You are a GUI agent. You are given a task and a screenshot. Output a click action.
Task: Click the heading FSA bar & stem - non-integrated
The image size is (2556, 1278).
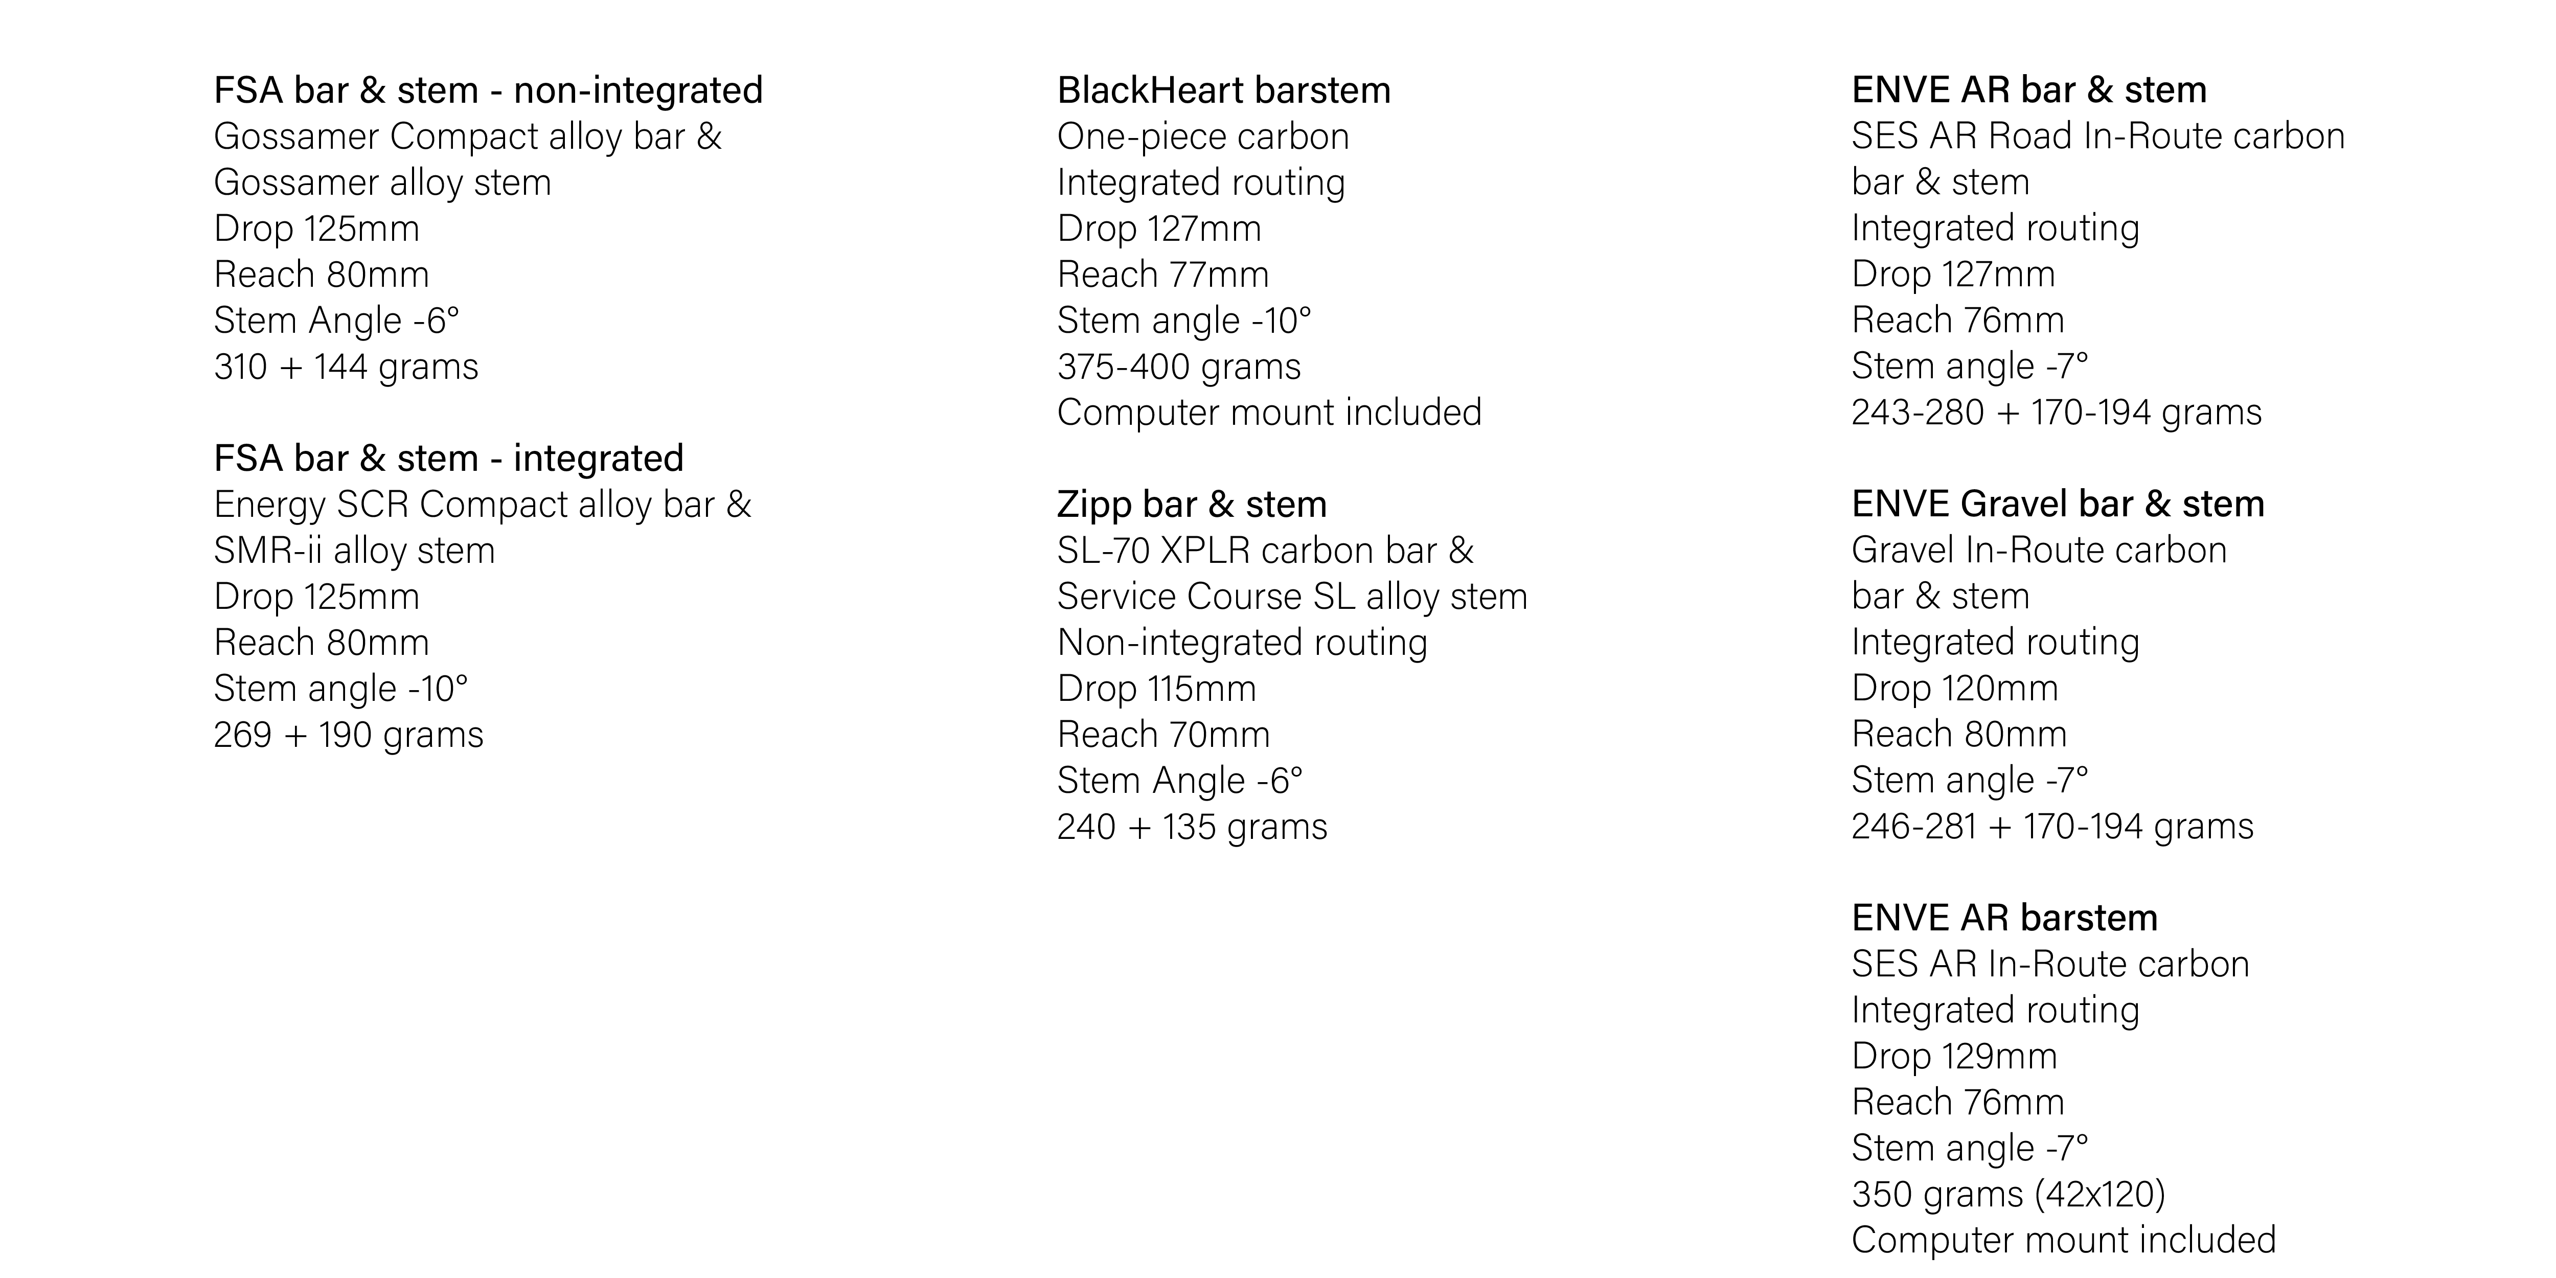pyautogui.click(x=488, y=90)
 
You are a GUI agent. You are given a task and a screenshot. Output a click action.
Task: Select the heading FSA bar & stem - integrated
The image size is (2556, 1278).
pyautogui.click(x=448, y=459)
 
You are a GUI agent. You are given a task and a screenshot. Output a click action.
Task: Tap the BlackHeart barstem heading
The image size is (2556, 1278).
pyautogui.click(x=1223, y=90)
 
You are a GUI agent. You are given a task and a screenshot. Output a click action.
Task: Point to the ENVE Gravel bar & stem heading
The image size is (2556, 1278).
pyautogui.click(x=2058, y=504)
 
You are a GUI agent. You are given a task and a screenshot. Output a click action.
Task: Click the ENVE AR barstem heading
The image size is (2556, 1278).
pyautogui.click(x=2004, y=918)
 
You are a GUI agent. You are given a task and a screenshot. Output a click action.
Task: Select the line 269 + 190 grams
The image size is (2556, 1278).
pyautogui.click(x=348, y=735)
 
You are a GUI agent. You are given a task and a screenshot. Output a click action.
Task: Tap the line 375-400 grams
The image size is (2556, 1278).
pyautogui.click(x=1179, y=367)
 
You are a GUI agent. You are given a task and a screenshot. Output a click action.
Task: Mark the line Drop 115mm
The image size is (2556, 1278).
pyautogui.click(x=1156, y=689)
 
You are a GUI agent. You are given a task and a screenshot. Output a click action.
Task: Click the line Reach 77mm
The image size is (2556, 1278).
pyautogui.click(x=1163, y=275)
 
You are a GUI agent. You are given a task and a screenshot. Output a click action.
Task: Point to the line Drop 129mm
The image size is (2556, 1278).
pyautogui.click(x=1954, y=1056)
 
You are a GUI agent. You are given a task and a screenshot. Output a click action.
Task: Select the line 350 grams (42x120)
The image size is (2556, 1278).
pyautogui.click(x=2009, y=1194)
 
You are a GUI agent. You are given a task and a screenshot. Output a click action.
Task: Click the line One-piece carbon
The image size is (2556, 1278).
pyautogui.click(x=1202, y=137)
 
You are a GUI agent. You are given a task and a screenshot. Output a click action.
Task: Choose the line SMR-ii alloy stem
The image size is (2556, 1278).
pyautogui.click(x=354, y=551)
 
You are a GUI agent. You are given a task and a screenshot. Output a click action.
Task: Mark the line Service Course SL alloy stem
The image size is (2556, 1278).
pyautogui.click(x=1292, y=597)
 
